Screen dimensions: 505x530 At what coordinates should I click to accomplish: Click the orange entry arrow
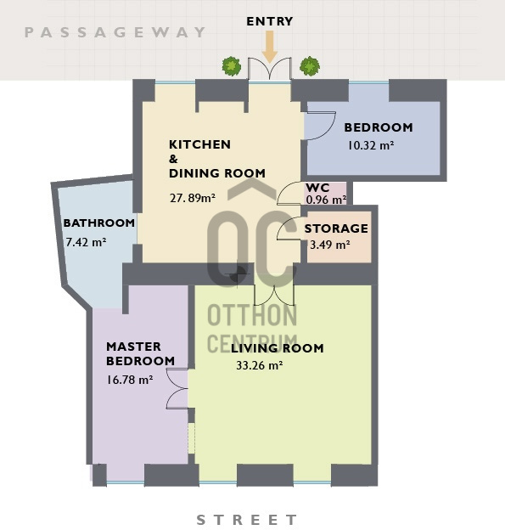pyautogui.click(x=270, y=47)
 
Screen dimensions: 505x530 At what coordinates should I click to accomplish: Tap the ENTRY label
pyautogui.click(x=270, y=21)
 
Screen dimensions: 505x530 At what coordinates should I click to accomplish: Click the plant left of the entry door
pyautogui.click(x=232, y=66)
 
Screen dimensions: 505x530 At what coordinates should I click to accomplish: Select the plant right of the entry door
pyautogui.click(x=310, y=66)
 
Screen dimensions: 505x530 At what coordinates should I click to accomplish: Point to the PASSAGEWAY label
pyautogui.click(x=115, y=32)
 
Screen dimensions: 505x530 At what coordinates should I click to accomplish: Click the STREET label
pyautogui.click(x=247, y=520)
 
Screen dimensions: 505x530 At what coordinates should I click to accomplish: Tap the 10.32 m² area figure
pyautogui.click(x=371, y=145)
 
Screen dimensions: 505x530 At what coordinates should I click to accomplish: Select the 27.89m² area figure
pyautogui.click(x=193, y=198)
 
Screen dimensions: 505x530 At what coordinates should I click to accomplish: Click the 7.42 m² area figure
pyautogui.click(x=86, y=242)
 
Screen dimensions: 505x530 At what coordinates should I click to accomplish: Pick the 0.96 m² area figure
pyautogui.click(x=326, y=200)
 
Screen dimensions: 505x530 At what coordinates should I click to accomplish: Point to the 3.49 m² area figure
pyautogui.click(x=330, y=245)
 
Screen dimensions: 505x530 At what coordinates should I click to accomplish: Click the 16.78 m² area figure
pyautogui.click(x=130, y=380)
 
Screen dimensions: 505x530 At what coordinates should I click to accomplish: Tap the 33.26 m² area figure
pyautogui.click(x=260, y=365)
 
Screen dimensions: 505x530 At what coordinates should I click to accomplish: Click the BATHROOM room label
pyautogui.click(x=99, y=223)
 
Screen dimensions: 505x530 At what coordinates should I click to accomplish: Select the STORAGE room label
pyautogui.click(x=336, y=228)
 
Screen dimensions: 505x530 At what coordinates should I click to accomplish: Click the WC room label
pyautogui.click(x=317, y=188)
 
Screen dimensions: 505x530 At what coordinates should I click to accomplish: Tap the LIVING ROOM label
pyautogui.click(x=277, y=348)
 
